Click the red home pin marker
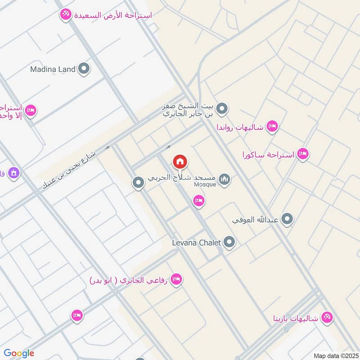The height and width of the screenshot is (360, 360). pos(180,162)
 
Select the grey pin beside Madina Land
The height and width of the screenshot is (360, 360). pos(83,69)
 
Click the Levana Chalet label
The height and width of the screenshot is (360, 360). pos(197,243)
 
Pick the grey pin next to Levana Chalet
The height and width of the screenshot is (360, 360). pos(229,243)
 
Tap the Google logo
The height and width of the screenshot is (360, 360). pos(19,353)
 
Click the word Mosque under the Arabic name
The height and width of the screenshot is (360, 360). pos(205,184)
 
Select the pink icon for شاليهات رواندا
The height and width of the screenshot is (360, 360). pos(272,126)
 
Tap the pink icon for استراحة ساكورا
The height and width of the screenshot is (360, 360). pos(303,154)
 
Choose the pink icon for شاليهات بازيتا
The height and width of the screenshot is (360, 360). pos(327,318)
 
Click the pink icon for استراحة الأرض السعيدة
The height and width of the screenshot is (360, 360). pos(66,15)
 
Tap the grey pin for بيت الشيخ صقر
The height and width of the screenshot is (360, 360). pos(221,108)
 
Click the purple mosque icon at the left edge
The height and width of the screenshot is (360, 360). pos(13,173)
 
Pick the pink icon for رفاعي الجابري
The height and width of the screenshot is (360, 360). pos(177,280)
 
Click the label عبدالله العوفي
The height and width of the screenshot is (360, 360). pos(256,220)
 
